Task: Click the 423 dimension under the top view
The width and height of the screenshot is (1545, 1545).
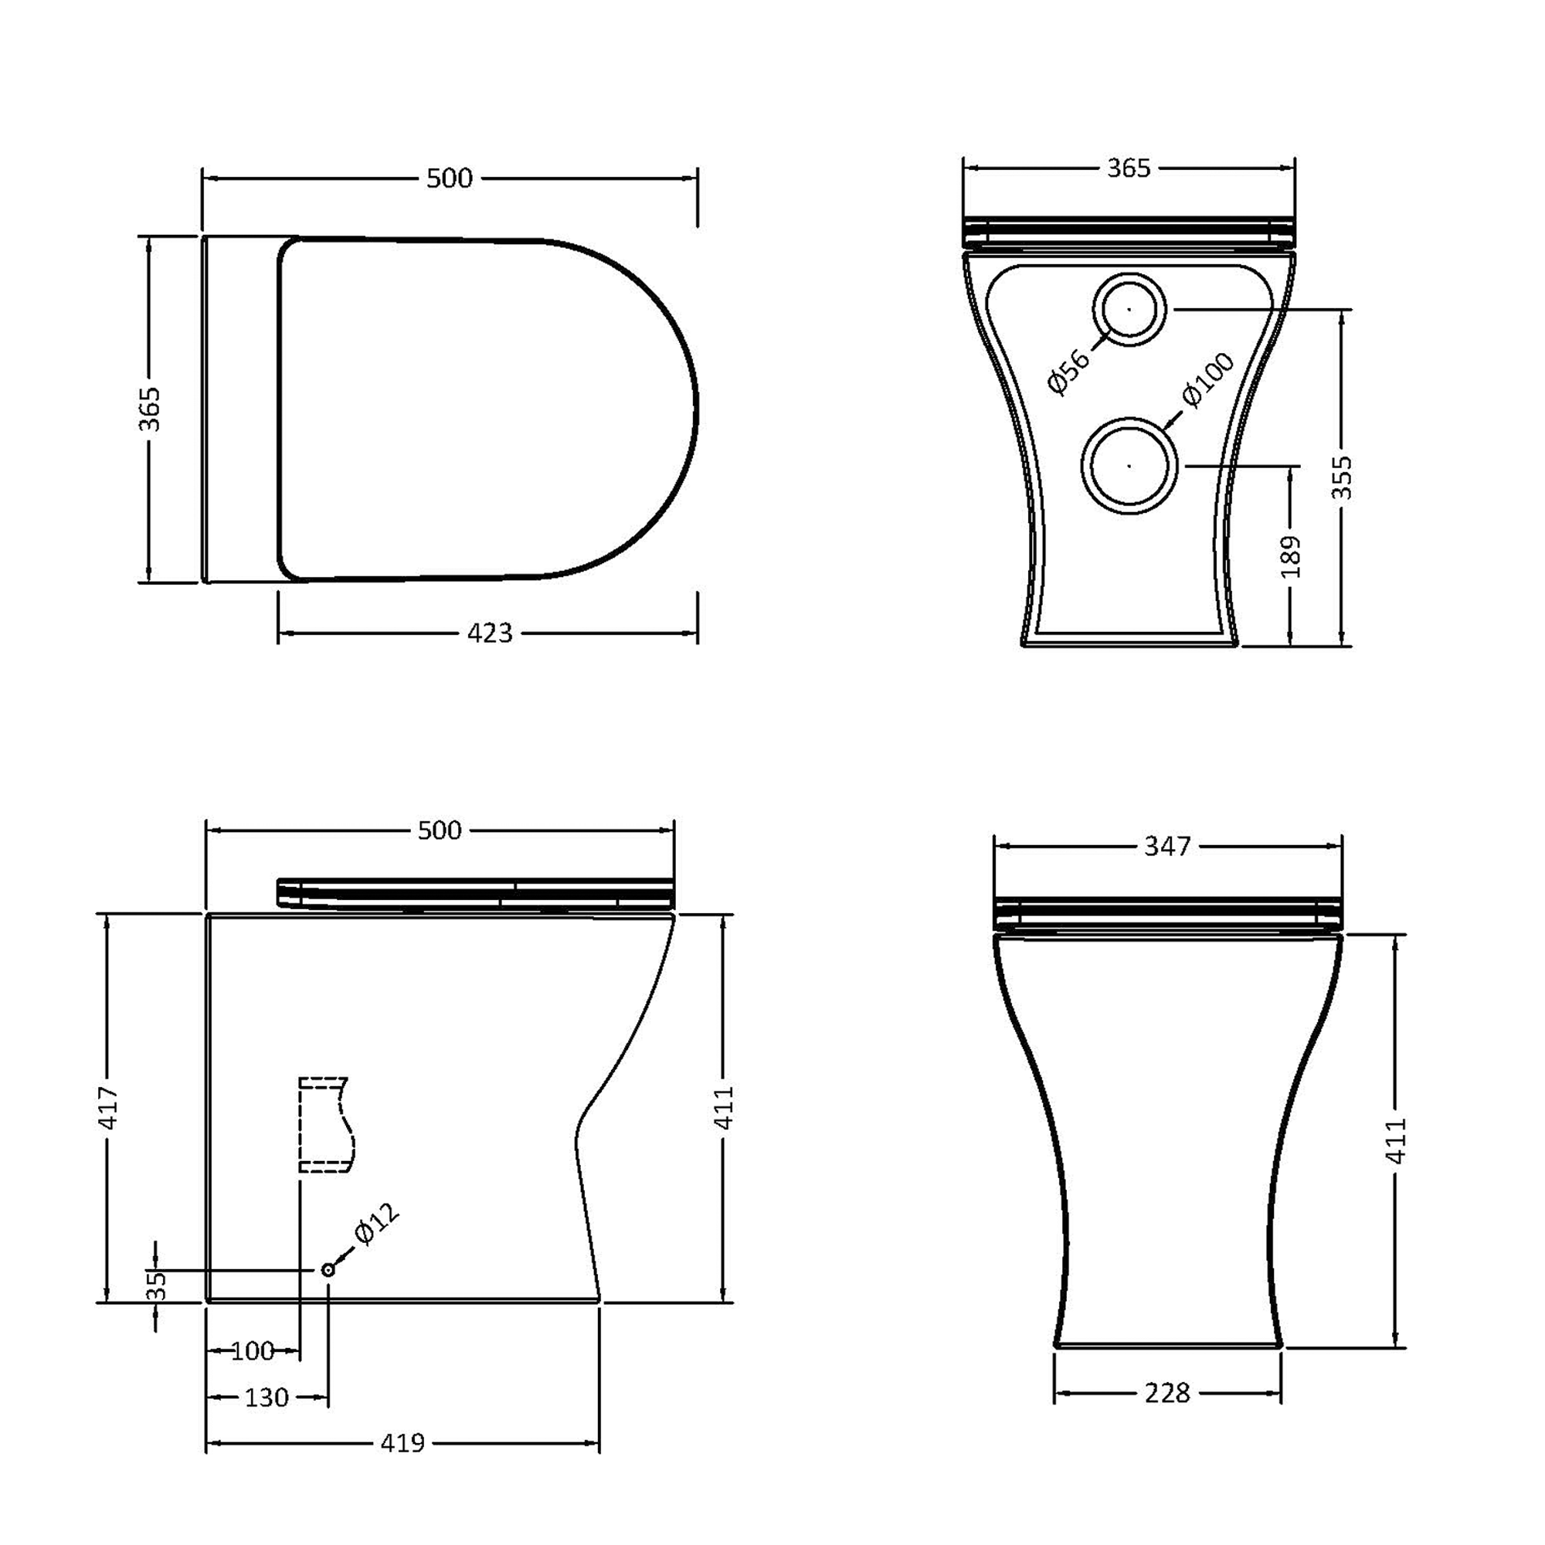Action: point(490,633)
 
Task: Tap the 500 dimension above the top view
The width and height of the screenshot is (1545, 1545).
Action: point(450,178)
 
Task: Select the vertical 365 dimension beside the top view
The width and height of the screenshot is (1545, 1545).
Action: point(150,409)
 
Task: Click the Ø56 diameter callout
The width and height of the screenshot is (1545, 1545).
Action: point(1068,372)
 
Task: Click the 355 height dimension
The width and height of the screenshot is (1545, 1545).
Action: point(1341,477)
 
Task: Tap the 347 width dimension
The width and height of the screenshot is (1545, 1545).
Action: point(1167,846)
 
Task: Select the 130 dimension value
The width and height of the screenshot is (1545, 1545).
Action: point(267,1398)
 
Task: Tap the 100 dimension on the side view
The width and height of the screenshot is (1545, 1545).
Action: point(253,1351)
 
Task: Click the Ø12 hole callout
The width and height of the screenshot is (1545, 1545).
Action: point(376,1224)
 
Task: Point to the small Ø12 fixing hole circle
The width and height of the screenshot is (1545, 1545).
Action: point(328,1269)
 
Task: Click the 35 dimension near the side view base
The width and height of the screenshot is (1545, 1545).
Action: point(157,1285)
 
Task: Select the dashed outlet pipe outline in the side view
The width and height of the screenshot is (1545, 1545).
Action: point(324,1124)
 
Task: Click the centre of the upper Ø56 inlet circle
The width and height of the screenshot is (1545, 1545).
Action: point(1129,309)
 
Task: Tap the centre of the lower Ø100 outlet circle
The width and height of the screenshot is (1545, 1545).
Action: point(1129,464)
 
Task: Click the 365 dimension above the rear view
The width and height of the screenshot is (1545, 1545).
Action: point(1129,168)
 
